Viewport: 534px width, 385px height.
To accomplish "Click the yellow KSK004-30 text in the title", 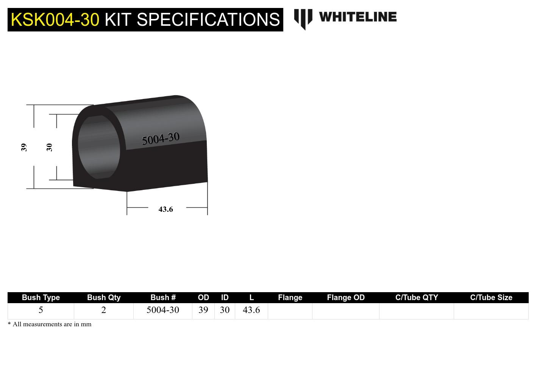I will pyautogui.click(x=55, y=19).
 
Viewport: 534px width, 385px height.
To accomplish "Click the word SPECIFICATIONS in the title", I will pyautogui.click(x=208, y=19).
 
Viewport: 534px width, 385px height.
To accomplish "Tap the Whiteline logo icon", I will pyautogui.click(x=303, y=19).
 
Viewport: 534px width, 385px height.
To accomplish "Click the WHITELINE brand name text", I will pyautogui.click(x=358, y=17).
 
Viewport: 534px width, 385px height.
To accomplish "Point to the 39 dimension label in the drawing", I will pyautogui.click(x=24, y=147).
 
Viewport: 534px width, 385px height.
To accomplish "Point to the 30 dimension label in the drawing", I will pyautogui.click(x=49, y=147).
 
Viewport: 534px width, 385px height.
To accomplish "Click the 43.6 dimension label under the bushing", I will pyautogui.click(x=166, y=209).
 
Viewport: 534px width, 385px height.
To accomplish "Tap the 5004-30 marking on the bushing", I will pyautogui.click(x=161, y=139).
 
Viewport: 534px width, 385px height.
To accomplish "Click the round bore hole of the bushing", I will pyautogui.click(x=98, y=147).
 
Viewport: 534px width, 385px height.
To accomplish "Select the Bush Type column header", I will pyautogui.click(x=41, y=297).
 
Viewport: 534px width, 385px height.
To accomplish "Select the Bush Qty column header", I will pyautogui.click(x=104, y=297).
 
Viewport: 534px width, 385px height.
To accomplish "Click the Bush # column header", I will pyautogui.click(x=163, y=297).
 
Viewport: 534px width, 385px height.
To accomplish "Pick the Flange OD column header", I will pyautogui.click(x=345, y=297).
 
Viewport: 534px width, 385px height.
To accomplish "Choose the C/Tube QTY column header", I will pyautogui.click(x=416, y=297).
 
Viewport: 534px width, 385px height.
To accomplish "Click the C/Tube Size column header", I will pyautogui.click(x=491, y=297).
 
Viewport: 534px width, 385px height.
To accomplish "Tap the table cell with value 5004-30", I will pyautogui.click(x=163, y=310).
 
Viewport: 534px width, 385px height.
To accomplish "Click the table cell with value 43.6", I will pyautogui.click(x=251, y=310).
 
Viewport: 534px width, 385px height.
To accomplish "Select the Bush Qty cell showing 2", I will pyautogui.click(x=104, y=310).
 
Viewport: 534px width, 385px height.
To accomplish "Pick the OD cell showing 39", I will pyautogui.click(x=203, y=310).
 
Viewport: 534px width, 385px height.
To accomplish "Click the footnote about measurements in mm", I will pyautogui.click(x=50, y=324).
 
